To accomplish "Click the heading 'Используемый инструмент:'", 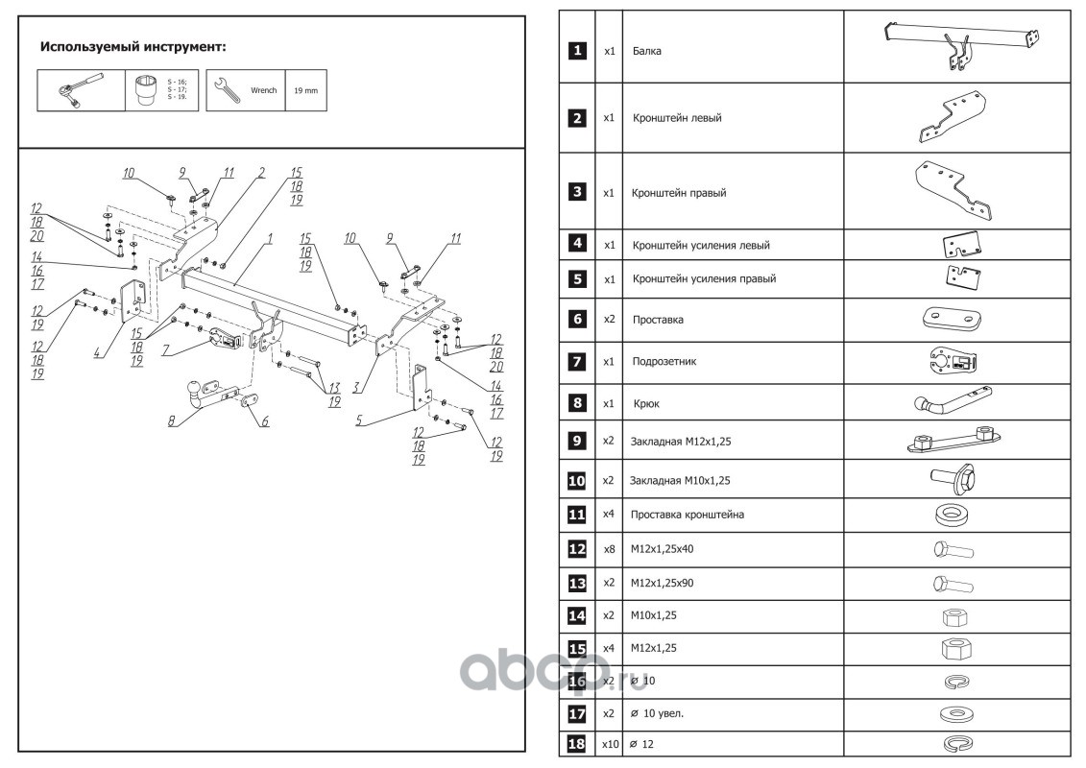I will coord(133,46).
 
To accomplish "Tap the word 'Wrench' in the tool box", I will coord(263,90).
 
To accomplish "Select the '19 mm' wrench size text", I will coord(304,90).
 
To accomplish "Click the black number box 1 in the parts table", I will coord(576,50).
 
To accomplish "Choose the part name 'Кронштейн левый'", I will coord(676,118).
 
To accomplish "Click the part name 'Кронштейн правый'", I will coord(678,192).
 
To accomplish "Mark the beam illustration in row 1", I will coord(960,44).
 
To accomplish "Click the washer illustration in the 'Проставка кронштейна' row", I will coord(951,515).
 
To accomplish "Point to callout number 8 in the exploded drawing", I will coord(172,420).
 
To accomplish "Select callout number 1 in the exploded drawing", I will coord(271,236).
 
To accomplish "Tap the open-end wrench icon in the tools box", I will coord(226,90).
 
